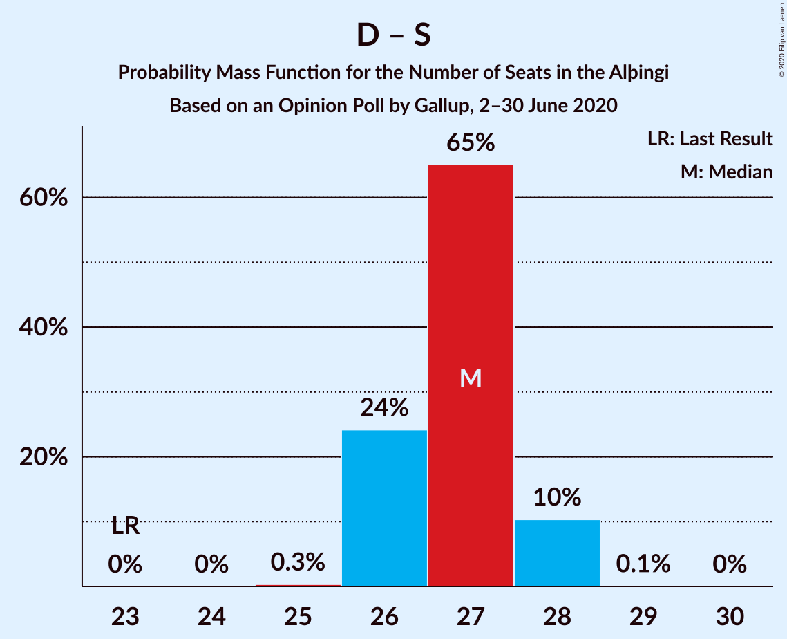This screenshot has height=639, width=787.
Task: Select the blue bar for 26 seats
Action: coord(384,508)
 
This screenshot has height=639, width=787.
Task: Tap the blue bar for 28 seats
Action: coord(557,553)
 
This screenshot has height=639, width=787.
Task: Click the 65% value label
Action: coord(471,143)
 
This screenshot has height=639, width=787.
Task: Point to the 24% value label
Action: coord(384,408)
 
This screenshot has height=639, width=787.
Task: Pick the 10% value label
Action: coord(557,497)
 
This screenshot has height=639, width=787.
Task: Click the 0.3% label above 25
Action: coord(298,562)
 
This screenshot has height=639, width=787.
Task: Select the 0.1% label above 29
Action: coord(643,564)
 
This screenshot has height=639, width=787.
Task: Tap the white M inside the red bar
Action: coord(471,378)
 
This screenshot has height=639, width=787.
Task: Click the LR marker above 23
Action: coord(126,526)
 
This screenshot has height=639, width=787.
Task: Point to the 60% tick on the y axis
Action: coord(43,198)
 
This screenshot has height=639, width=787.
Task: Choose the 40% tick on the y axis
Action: coord(43,328)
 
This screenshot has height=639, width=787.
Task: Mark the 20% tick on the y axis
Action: coord(43,458)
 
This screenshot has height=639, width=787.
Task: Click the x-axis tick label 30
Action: coord(730,615)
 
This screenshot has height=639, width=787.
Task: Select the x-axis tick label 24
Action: coord(211,615)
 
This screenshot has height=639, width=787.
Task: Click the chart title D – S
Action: coord(393,35)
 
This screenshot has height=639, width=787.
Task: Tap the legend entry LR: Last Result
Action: coord(710,139)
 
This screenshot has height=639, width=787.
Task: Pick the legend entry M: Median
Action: coord(726,172)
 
